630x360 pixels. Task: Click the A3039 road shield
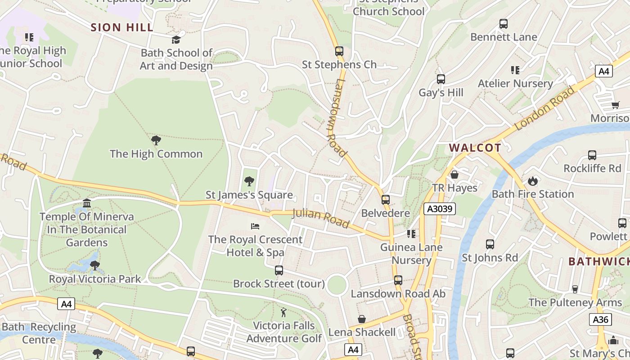tap(439, 209)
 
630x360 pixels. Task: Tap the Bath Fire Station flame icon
tap(533, 181)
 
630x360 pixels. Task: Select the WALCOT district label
tap(475, 148)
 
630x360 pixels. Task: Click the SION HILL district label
tap(122, 27)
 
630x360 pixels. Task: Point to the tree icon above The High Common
tap(156, 140)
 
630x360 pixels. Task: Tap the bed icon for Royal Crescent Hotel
tap(255, 226)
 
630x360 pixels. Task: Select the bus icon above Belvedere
tap(386, 200)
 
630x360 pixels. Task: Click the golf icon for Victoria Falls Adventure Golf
tap(283, 312)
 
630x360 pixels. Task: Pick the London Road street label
tap(545, 108)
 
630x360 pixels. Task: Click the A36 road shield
tap(600, 319)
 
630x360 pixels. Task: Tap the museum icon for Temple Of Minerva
tap(87, 203)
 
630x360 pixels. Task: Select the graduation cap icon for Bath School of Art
tap(176, 40)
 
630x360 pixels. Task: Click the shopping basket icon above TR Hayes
tap(454, 175)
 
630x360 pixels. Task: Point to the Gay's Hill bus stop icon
tap(441, 79)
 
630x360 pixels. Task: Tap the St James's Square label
tap(249, 195)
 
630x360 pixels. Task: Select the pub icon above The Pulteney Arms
tap(575, 289)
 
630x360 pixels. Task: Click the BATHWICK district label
tap(598, 261)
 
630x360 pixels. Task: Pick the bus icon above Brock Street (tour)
tap(279, 270)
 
